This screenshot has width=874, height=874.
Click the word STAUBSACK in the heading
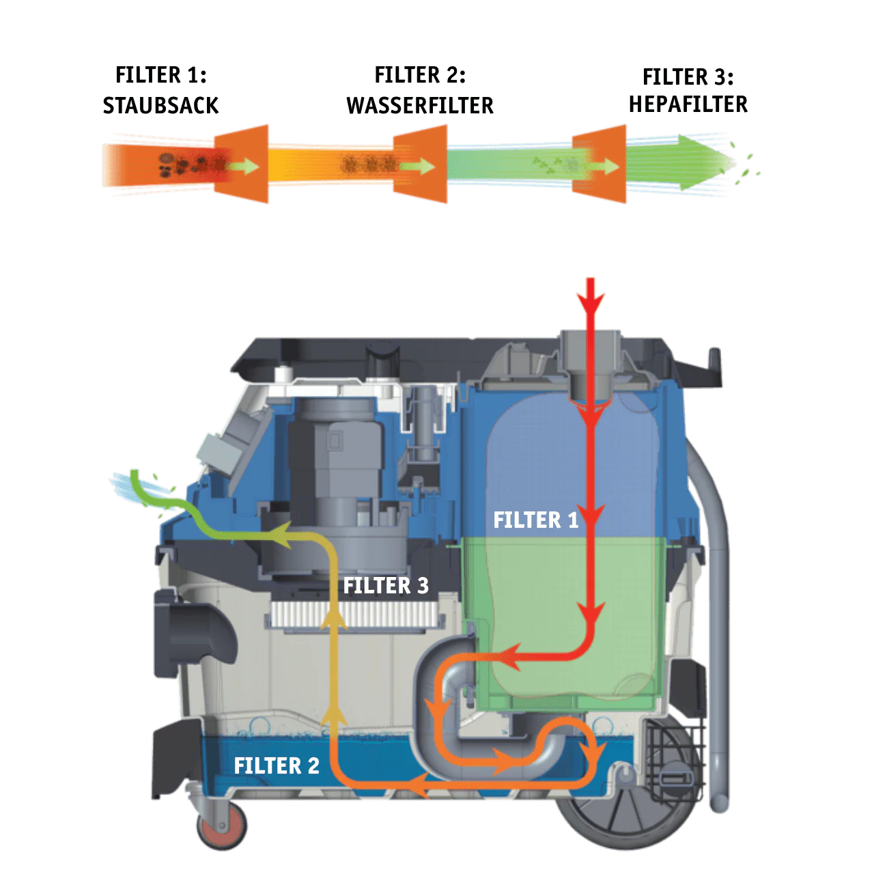click(x=160, y=106)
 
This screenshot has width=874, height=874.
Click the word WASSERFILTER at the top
click(x=420, y=106)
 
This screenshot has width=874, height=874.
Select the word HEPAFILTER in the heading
click(x=688, y=104)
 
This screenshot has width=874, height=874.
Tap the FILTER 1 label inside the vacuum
click(x=535, y=520)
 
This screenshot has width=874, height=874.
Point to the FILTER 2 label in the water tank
click(x=277, y=765)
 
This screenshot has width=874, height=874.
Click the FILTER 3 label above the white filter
click(x=386, y=586)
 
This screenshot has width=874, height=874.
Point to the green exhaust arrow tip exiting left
click(x=135, y=473)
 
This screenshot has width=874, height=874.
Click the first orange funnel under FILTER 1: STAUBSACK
click(x=241, y=164)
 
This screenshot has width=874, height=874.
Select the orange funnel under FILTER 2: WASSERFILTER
click(x=420, y=164)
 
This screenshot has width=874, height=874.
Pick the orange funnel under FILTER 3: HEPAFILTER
click(x=599, y=164)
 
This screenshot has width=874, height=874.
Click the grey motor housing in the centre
click(x=336, y=467)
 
